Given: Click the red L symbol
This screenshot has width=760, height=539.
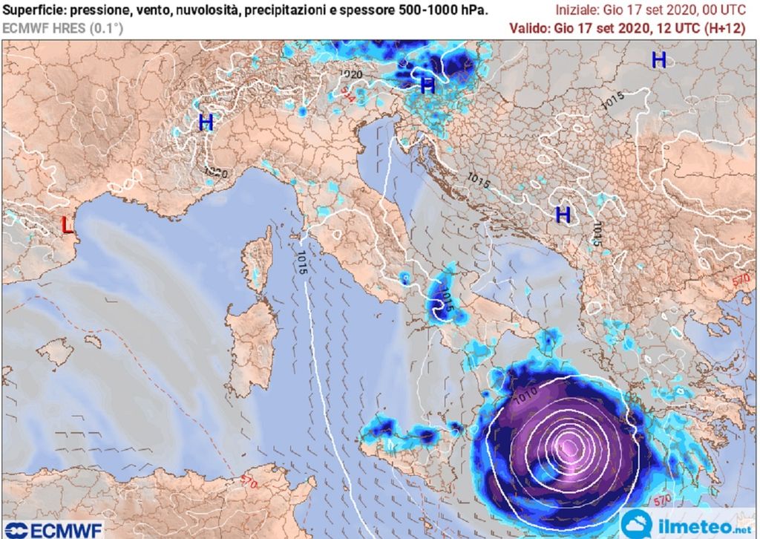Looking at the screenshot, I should click(x=68, y=224).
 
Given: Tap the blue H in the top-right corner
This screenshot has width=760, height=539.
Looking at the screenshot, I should click(x=658, y=61).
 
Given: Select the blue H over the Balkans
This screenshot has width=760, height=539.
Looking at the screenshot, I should click(x=563, y=215).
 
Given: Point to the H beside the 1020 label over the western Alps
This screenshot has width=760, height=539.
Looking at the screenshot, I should click(x=206, y=122).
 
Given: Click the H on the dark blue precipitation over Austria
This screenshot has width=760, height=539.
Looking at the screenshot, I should click(x=427, y=85).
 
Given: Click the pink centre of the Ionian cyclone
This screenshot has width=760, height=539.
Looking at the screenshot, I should click(x=570, y=448).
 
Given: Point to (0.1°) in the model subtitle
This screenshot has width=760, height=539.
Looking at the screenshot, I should click(x=105, y=28).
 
